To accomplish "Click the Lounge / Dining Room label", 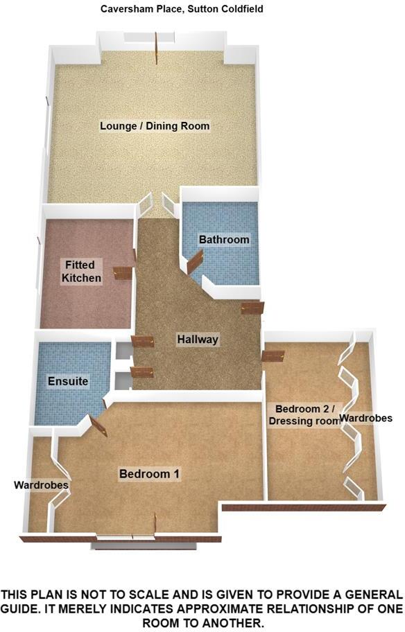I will coord(155,126).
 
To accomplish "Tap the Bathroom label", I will coord(223,240).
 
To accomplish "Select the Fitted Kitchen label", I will coord(82,272).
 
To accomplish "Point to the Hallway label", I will coord(198,340).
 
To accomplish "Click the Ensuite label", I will coord(67,381).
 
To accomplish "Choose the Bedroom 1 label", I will coord(150,474).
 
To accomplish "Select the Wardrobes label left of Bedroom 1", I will coord(41,486).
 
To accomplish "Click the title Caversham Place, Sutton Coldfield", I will coord(172,9).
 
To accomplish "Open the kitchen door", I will coord(123,273).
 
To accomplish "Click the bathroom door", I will coord(194,262).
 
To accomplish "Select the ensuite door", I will coord(98,425).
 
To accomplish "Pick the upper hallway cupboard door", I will coord(142,341).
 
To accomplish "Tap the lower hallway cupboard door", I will coord(142,372).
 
